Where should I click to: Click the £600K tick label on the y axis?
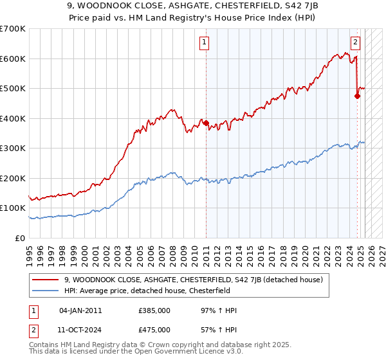click(13, 59)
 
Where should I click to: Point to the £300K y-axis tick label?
click(13, 148)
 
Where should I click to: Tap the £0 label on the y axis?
click(19, 238)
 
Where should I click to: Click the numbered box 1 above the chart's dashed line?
click(204, 43)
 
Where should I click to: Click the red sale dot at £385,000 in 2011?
click(207, 123)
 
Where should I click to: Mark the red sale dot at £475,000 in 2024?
click(357, 96)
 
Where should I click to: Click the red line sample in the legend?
click(46, 279)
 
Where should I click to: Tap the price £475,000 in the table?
click(154, 330)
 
